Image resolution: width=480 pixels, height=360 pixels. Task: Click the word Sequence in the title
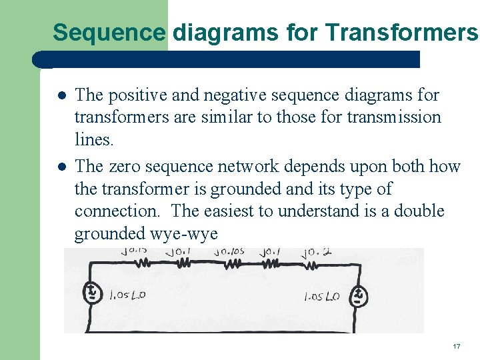109,31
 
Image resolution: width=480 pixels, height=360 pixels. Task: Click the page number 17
457,347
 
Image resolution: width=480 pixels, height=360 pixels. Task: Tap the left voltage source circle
91,293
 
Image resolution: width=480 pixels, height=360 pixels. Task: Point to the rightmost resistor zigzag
311,265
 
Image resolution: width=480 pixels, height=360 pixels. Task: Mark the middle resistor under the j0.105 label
231,265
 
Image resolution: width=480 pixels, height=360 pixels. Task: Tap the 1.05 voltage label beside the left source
127,294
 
